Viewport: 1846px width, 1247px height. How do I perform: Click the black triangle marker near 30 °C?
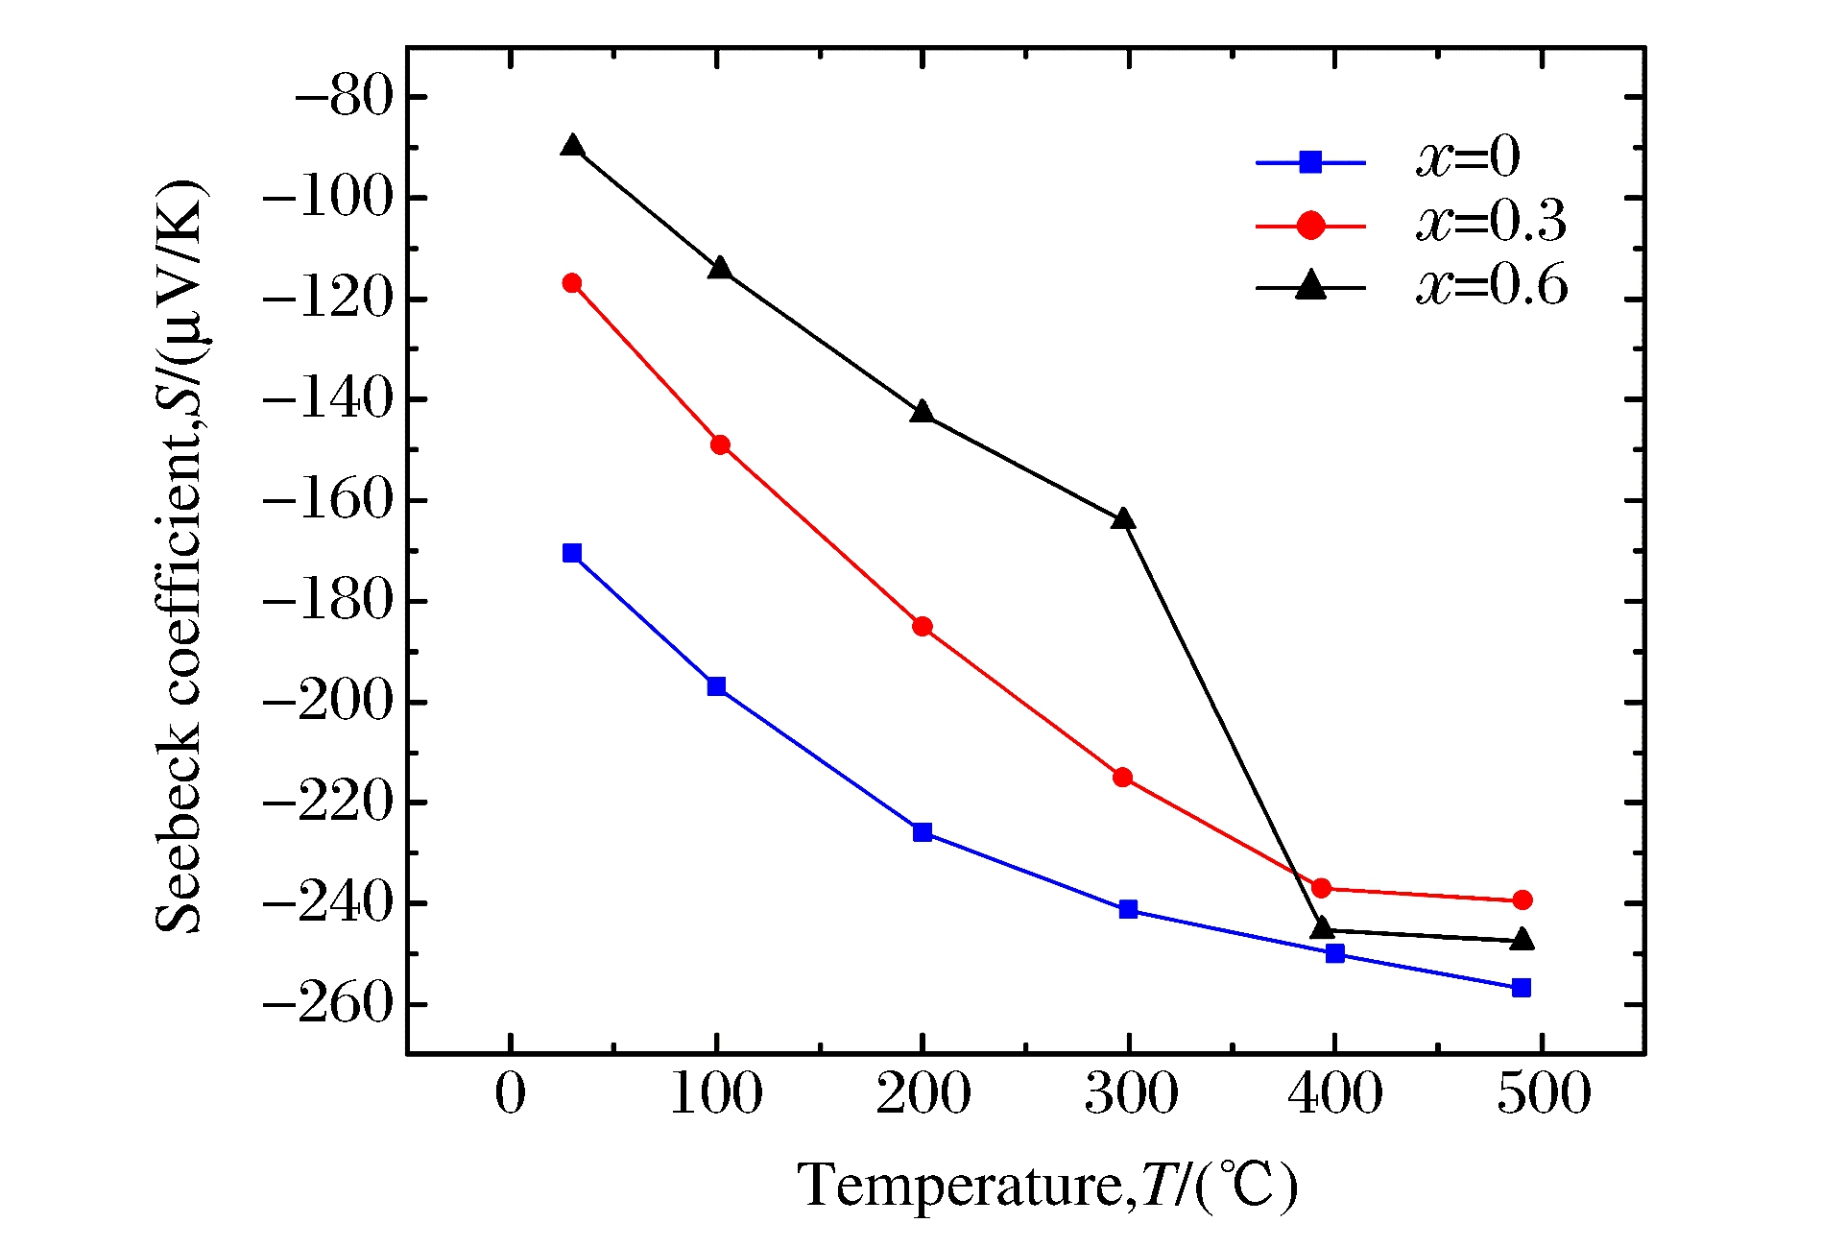(573, 147)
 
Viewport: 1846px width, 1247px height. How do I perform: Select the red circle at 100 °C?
(720, 444)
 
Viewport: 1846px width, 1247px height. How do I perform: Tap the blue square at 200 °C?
(923, 832)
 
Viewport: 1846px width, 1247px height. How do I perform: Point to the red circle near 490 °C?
(1522, 899)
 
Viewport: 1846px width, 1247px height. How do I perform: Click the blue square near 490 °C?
(1522, 988)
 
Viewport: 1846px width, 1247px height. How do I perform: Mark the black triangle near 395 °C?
(1323, 928)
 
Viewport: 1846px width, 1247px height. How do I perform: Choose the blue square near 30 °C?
(572, 553)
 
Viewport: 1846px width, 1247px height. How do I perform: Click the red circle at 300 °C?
(1122, 777)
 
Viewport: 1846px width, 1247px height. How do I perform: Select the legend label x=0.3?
(1491, 222)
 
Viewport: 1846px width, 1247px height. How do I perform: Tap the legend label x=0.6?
(1491, 285)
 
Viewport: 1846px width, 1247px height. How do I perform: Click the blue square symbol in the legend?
(1310, 162)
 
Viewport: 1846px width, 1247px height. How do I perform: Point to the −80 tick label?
(345, 97)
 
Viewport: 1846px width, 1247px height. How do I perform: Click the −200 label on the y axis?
(329, 702)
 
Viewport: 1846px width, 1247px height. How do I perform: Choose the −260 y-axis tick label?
(329, 1004)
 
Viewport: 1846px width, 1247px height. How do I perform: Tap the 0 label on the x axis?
(511, 1093)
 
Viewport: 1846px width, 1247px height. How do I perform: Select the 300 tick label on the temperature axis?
(1131, 1093)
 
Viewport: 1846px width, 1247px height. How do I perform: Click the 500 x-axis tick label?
(1544, 1093)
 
